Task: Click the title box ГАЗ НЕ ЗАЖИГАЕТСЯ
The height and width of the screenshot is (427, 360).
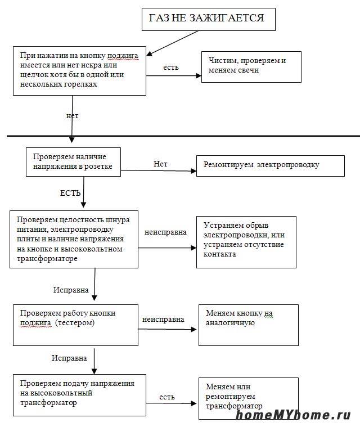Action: (208, 19)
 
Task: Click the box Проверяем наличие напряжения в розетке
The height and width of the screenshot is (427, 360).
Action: (73, 161)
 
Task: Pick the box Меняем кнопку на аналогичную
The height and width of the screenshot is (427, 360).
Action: (248, 325)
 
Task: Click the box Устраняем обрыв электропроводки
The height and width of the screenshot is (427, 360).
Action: (246, 242)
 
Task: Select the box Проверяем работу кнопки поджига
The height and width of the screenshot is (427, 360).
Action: (75, 325)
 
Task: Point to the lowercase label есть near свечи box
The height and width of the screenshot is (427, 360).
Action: (171, 68)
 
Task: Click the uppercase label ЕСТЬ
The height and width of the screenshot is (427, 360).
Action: (74, 193)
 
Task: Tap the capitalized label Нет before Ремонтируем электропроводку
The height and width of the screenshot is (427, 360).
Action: (160, 164)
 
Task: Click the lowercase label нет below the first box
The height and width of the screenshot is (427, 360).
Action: (72, 116)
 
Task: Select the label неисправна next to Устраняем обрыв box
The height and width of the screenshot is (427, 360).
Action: (165, 232)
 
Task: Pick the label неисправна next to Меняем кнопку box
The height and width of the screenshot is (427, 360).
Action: (163, 319)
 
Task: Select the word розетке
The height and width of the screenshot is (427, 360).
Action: (98, 167)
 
